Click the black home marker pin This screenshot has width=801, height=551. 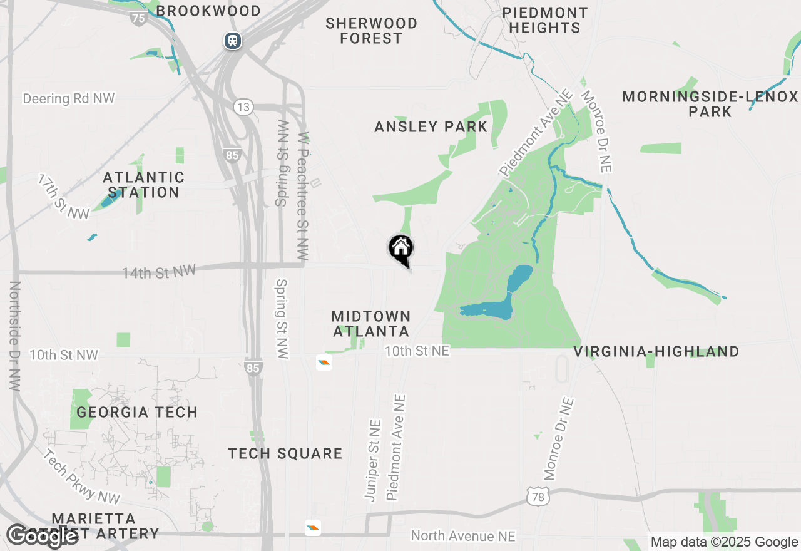[401, 249]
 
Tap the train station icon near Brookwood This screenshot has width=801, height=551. [233, 41]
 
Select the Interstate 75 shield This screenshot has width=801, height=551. [138, 18]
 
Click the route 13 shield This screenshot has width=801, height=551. [243, 107]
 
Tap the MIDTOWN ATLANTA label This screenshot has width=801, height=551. [371, 324]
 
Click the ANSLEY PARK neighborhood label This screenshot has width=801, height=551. [431, 127]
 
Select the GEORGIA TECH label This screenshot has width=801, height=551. [137, 412]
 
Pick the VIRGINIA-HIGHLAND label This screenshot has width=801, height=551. [656, 352]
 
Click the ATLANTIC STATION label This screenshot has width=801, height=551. [144, 185]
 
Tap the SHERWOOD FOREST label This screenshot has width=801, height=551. [371, 31]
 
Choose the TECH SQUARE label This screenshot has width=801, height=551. [285, 453]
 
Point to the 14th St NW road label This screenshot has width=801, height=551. [159, 272]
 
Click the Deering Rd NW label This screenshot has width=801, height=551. [69, 99]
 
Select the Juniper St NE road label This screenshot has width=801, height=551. [373, 460]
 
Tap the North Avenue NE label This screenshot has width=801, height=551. [463, 536]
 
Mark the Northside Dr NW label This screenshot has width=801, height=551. [15, 336]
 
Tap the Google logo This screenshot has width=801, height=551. [43, 536]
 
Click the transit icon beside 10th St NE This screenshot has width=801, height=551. [324, 362]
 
